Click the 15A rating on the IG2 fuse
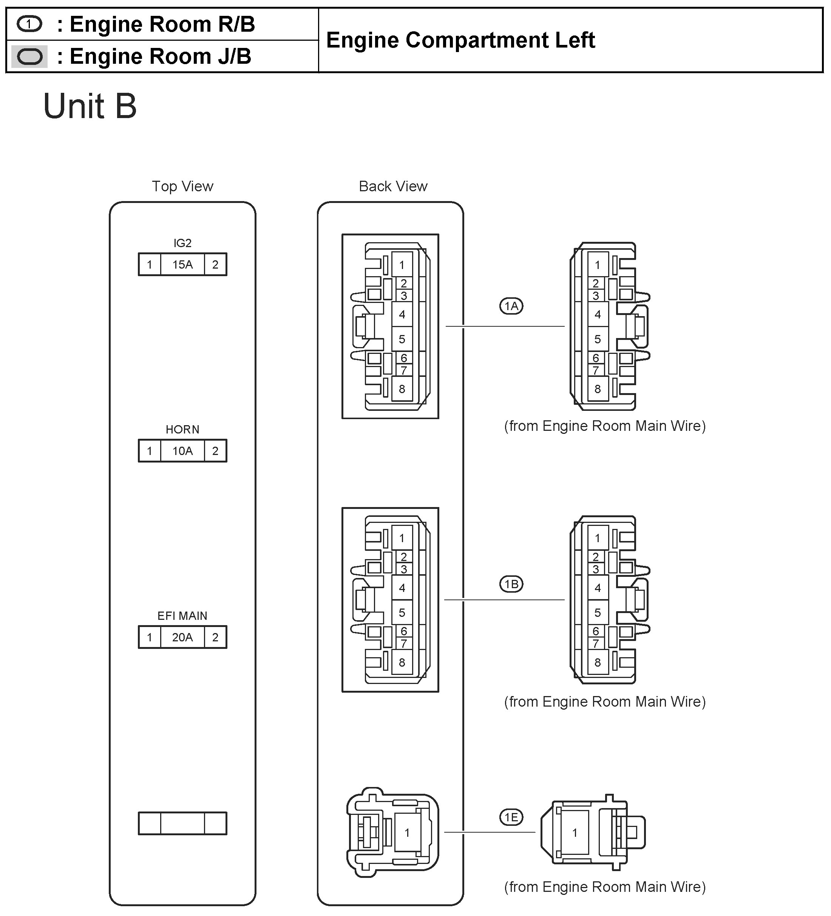click(182, 264)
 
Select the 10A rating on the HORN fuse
click(182, 451)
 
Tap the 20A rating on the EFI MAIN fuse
click(182, 637)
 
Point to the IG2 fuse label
click(182, 243)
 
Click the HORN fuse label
click(182, 429)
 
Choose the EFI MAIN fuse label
click(182, 616)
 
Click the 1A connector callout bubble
click(511, 306)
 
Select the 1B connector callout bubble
click(511, 584)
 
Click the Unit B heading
click(90, 106)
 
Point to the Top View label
click(182, 186)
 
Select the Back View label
click(393, 186)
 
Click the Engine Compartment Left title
click(460, 40)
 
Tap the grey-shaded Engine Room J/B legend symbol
click(29, 57)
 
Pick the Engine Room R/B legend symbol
click(29, 24)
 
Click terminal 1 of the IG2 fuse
click(150, 264)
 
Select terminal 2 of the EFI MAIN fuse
click(215, 637)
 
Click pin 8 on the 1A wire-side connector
click(598, 389)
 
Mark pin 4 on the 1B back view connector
click(402, 588)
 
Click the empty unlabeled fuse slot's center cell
click(182, 823)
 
